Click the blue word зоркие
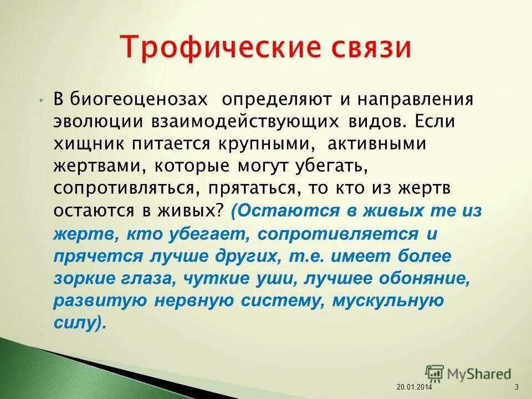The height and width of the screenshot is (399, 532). click(x=83, y=279)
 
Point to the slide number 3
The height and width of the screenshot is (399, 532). click(x=516, y=386)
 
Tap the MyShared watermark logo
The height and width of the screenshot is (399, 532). click(x=468, y=374)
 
